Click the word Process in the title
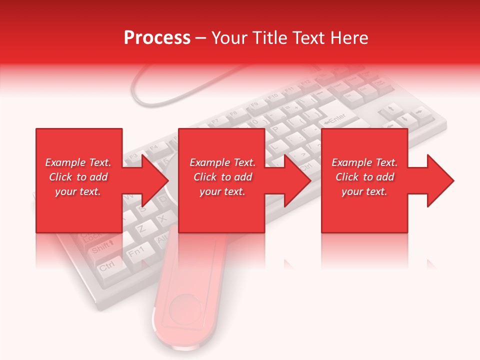[x=157, y=38]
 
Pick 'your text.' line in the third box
[x=364, y=191]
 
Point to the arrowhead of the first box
[x=155, y=180]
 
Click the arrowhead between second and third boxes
[x=298, y=180]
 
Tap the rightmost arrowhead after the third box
[x=440, y=180]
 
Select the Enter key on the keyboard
[x=336, y=118]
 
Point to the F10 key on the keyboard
[x=273, y=96]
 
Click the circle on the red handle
[x=184, y=309]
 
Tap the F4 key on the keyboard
[x=153, y=147]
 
